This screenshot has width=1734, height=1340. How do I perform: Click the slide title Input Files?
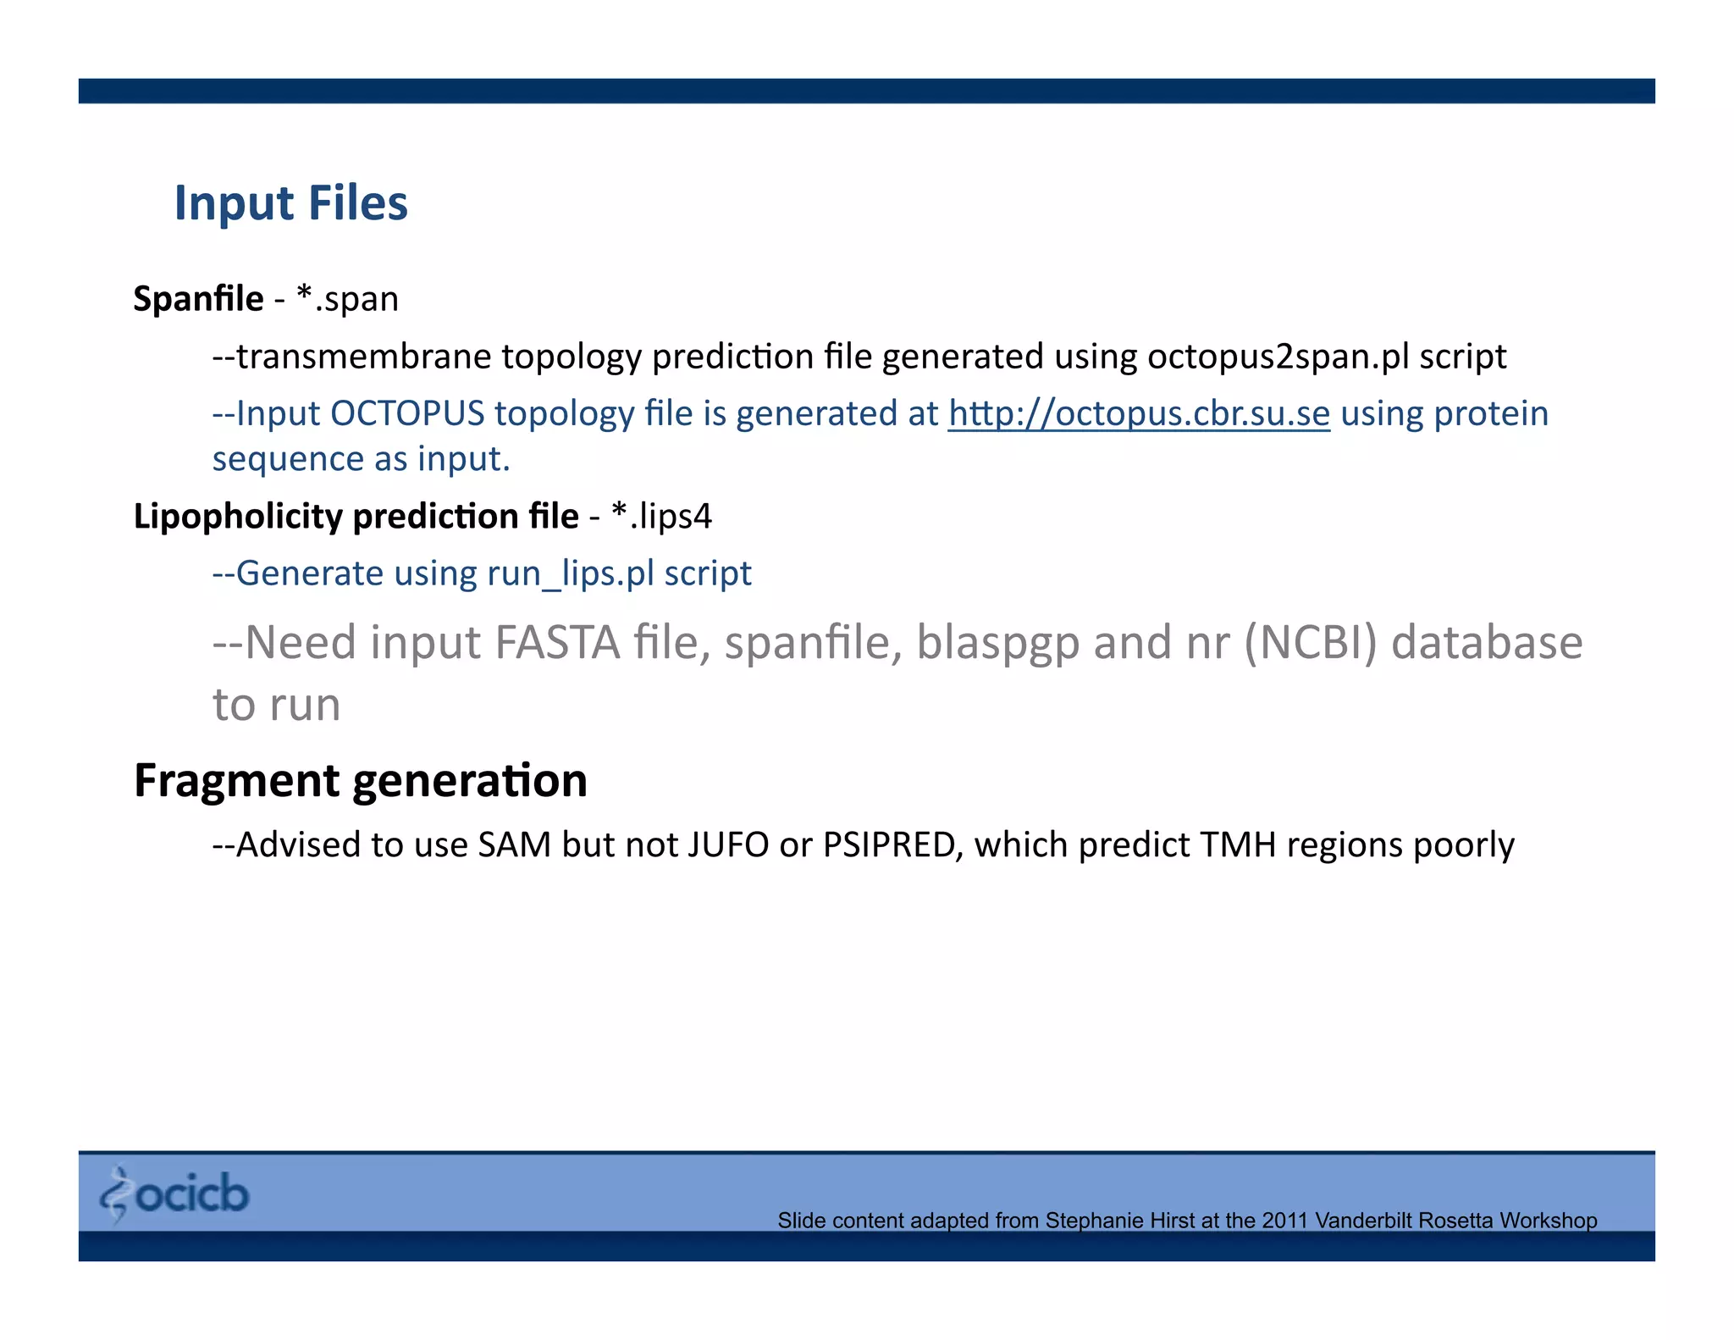click(x=290, y=203)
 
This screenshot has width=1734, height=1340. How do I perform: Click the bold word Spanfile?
click(x=198, y=299)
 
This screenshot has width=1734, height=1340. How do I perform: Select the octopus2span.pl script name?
click(x=1278, y=357)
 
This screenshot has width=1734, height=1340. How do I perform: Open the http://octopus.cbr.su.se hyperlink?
click(x=1139, y=413)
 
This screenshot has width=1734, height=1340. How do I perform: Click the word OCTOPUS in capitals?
click(x=407, y=413)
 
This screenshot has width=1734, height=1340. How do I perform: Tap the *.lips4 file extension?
click(x=661, y=516)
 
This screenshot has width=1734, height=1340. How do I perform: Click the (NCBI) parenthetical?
click(x=1311, y=642)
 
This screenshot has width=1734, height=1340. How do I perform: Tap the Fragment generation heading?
click(x=361, y=780)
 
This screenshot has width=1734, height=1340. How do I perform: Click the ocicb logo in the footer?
click(x=175, y=1193)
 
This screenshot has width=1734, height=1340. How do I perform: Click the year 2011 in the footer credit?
click(x=1285, y=1221)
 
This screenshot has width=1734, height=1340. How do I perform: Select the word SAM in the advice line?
click(x=515, y=844)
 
